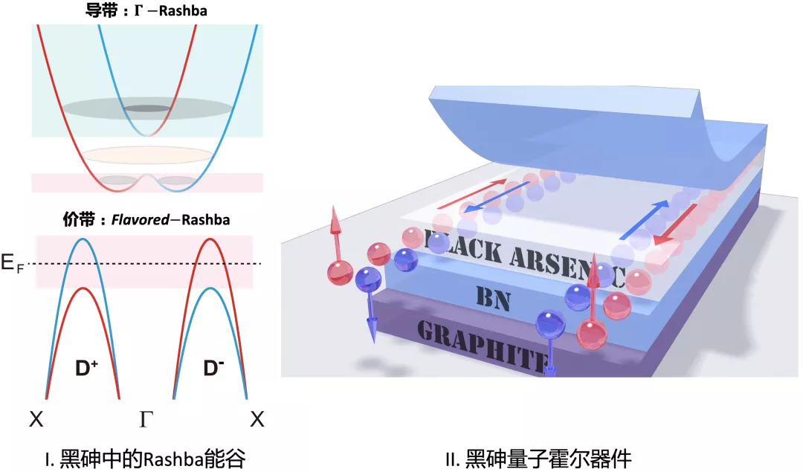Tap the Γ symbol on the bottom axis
point(146,420)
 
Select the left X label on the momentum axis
point(36,420)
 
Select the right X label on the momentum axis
point(257,420)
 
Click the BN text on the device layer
point(492,297)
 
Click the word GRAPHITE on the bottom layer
point(483,343)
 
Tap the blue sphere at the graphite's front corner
point(552,324)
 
